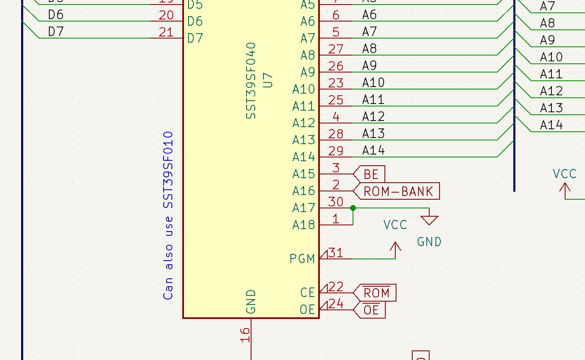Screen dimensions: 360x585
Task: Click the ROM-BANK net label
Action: click(398, 191)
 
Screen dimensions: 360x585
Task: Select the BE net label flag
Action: click(371, 174)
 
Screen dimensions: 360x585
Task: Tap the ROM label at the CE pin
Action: click(376, 293)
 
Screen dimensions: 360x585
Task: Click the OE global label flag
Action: click(371, 310)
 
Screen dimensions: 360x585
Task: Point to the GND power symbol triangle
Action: click(429, 220)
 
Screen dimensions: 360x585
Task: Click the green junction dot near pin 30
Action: click(353, 208)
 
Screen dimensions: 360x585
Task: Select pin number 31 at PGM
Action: click(336, 253)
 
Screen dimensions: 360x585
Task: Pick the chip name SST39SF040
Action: click(251, 81)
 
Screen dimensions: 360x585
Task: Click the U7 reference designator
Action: click(268, 80)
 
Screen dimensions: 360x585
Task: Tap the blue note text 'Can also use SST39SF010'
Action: click(168, 215)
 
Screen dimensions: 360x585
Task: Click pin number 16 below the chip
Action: click(245, 335)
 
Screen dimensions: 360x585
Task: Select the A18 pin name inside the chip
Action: click(304, 225)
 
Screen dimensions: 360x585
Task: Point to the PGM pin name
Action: click(302, 259)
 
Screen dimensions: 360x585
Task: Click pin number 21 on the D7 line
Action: click(166, 32)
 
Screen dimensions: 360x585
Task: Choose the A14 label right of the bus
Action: click(551, 125)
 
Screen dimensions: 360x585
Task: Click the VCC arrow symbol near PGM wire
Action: click(396, 249)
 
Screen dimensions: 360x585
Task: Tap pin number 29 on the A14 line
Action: click(336, 151)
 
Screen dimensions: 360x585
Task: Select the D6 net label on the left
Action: click(56, 15)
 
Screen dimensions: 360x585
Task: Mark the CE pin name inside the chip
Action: click(307, 293)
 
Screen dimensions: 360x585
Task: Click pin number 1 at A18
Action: click(336, 219)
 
